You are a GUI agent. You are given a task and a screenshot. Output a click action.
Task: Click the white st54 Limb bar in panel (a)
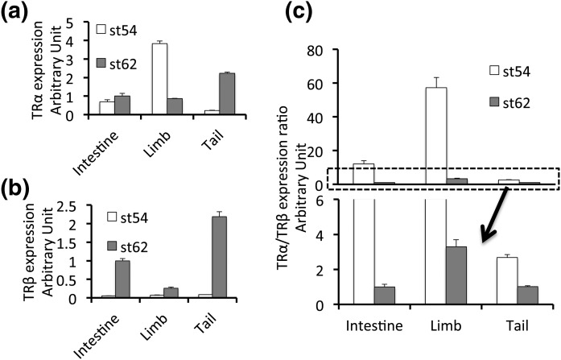[160, 79]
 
